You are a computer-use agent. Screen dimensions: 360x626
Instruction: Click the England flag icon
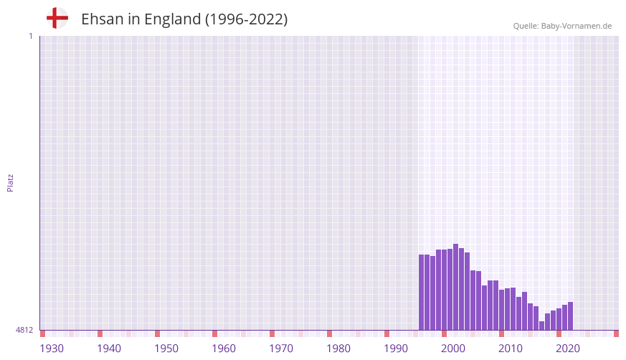(x=57, y=19)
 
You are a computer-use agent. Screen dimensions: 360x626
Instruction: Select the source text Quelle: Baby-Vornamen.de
(x=562, y=26)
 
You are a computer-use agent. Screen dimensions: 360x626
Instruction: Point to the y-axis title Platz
(x=10, y=182)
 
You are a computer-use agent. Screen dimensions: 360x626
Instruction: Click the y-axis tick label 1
(x=30, y=36)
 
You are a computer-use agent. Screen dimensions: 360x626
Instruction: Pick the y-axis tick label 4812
(x=24, y=330)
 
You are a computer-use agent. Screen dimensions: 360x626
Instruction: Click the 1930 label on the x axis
(x=52, y=349)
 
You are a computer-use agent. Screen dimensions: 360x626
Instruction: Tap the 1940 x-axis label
(x=109, y=349)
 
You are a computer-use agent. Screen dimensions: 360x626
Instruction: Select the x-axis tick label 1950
(x=166, y=349)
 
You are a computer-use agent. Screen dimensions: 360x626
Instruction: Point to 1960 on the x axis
(x=224, y=349)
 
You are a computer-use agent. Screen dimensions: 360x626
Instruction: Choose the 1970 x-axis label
(x=281, y=349)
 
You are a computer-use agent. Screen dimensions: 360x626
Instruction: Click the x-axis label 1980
(x=338, y=349)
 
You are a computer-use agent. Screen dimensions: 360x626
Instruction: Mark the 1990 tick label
(x=396, y=349)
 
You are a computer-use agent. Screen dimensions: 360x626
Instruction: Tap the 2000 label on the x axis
(x=453, y=349)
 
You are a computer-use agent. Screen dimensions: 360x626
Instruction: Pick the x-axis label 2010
(x=511, y=349)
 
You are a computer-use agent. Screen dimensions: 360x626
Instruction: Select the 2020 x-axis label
(x=568, y=349)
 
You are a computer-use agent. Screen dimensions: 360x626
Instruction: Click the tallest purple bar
(x=455, y=287)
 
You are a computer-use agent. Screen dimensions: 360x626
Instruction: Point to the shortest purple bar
(x=541, y=326)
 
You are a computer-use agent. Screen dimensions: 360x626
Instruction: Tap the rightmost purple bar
(x=570, y=316)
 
